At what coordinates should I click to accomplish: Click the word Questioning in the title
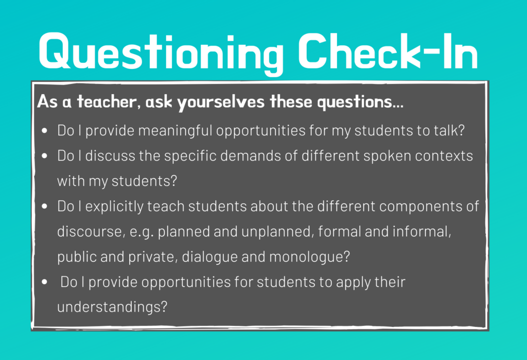(161, 53)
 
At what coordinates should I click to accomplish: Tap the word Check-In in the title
(388, 51)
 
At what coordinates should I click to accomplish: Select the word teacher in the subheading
(107, 101)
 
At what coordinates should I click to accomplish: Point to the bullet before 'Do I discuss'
(44, 156)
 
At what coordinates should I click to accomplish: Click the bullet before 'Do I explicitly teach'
(44, 206)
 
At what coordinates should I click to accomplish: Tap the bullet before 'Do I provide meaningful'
(44, 130)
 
